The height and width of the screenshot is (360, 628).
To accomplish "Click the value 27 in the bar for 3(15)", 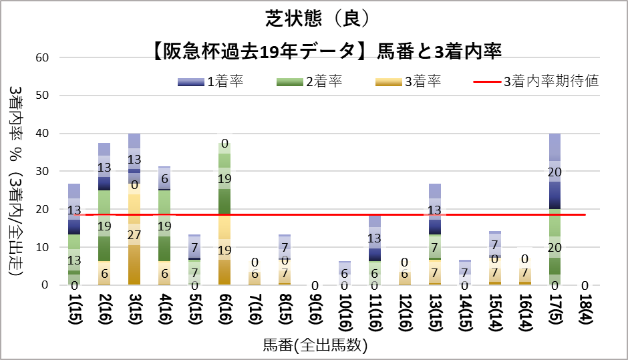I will pos(134,235).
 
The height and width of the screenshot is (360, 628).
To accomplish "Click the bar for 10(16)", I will pos(345,273).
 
